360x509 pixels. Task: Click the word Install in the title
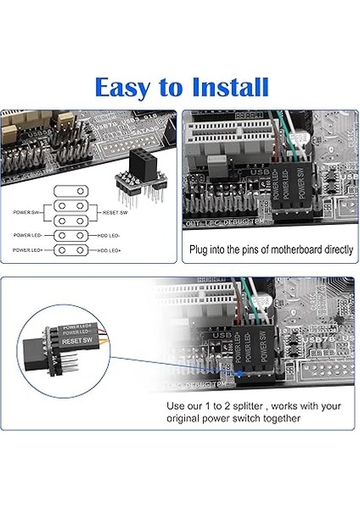point(224,87)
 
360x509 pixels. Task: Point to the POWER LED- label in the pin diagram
point(31,234)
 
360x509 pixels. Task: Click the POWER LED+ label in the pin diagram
point(31,250)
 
